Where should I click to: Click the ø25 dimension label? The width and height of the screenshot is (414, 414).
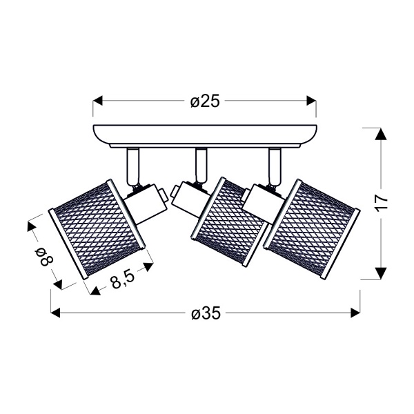[205, 101]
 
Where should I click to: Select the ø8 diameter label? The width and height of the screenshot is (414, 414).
[43, 257]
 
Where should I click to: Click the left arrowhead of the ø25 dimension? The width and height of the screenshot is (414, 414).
[98, 101]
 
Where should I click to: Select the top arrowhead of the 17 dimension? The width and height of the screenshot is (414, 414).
[378, 134]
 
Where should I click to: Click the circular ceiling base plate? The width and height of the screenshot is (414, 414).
[205, 134]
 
